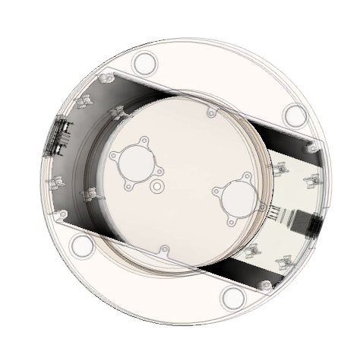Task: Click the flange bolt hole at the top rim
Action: click(x=144, y=62)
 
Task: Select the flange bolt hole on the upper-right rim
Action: click(x=295, y=116)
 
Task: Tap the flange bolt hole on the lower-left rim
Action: click(x=82, y=245)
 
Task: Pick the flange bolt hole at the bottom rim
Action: click(x=233, y=297)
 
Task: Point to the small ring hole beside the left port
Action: click(x=157, y=185)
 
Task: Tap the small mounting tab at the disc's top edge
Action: click(x=211, y=112)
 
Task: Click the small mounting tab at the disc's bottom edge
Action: click(x=163, y=249)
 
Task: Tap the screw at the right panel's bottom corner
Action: click(x=265, y=285)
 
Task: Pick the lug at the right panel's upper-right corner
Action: click(x=311, y=149)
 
